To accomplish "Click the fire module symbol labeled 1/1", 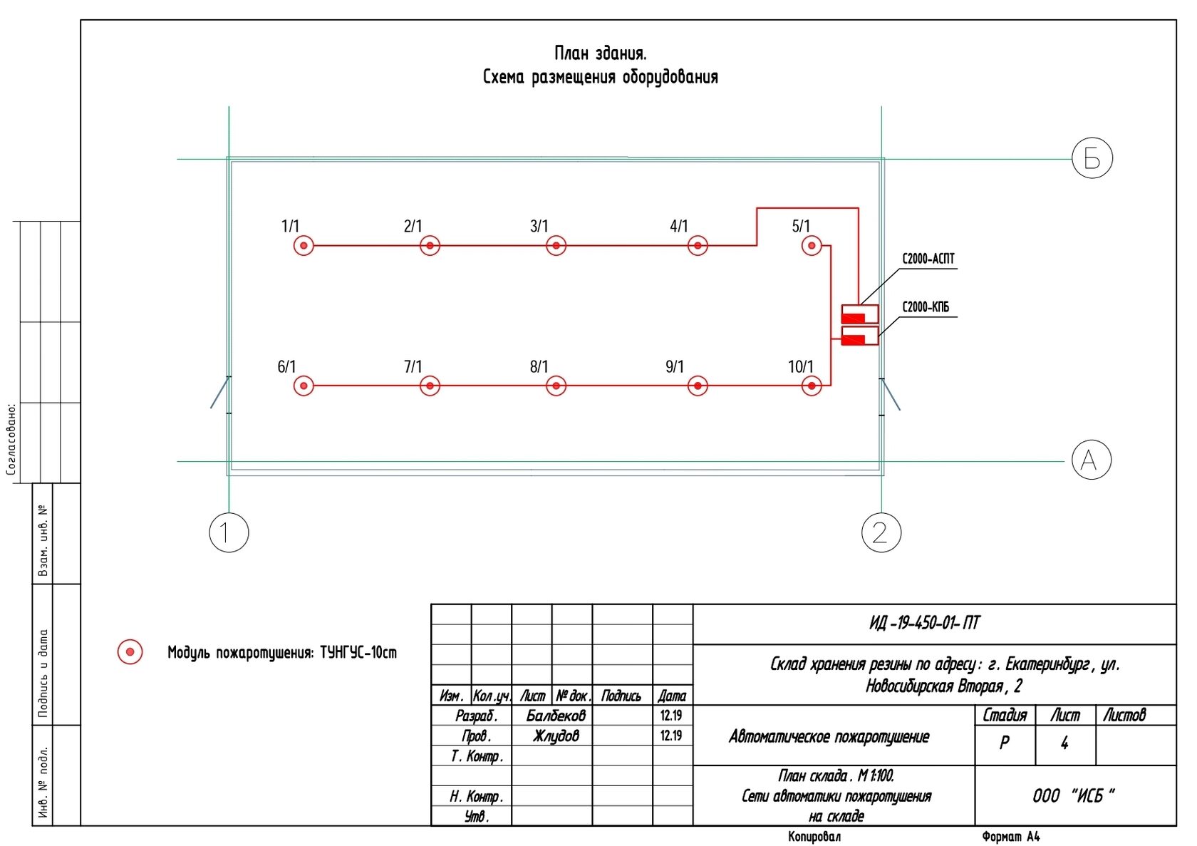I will pos(304,246).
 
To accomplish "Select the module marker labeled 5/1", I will pos(812,246).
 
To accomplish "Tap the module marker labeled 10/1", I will pos(812,386).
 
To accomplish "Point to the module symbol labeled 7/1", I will pos(430,386).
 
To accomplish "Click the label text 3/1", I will pos(539,226).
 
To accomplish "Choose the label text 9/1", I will pos(675,366).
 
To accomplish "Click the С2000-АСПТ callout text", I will pos(928,259).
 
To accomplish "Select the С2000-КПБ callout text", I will pos(926,307).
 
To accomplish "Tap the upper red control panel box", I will pos(860,314).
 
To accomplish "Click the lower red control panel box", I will pos(860,336).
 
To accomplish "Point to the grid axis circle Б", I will pos(1092,158).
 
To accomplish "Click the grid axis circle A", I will pos(1092,460).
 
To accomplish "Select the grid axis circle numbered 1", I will pos(229,532).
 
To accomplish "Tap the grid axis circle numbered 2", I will pos(881,532).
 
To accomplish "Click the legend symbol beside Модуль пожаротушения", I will pos(130,652).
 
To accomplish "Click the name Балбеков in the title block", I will pos(556,715).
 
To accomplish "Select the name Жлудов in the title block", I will pos(556,736).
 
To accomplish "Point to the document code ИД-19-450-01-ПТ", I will pos(925,624).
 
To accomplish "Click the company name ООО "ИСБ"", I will pos(1074,795).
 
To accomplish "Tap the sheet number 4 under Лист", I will pos(1064,743).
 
